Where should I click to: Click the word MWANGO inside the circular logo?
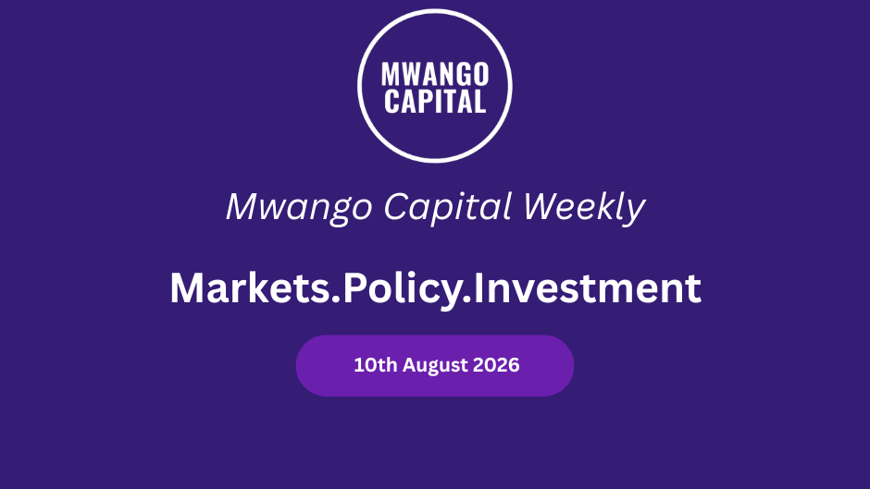pos(435,74)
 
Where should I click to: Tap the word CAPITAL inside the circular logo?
pos(435,102)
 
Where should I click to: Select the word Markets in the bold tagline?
pos(250,287)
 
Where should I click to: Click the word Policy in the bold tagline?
pos(403,289)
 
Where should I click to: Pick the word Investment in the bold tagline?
pos(587,287)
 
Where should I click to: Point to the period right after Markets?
pos(336,300)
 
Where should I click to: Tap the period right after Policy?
pos(466,300)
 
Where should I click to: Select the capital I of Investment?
pos(478,287)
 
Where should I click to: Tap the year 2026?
pos(496,365)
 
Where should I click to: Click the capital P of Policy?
pos(355,287)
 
